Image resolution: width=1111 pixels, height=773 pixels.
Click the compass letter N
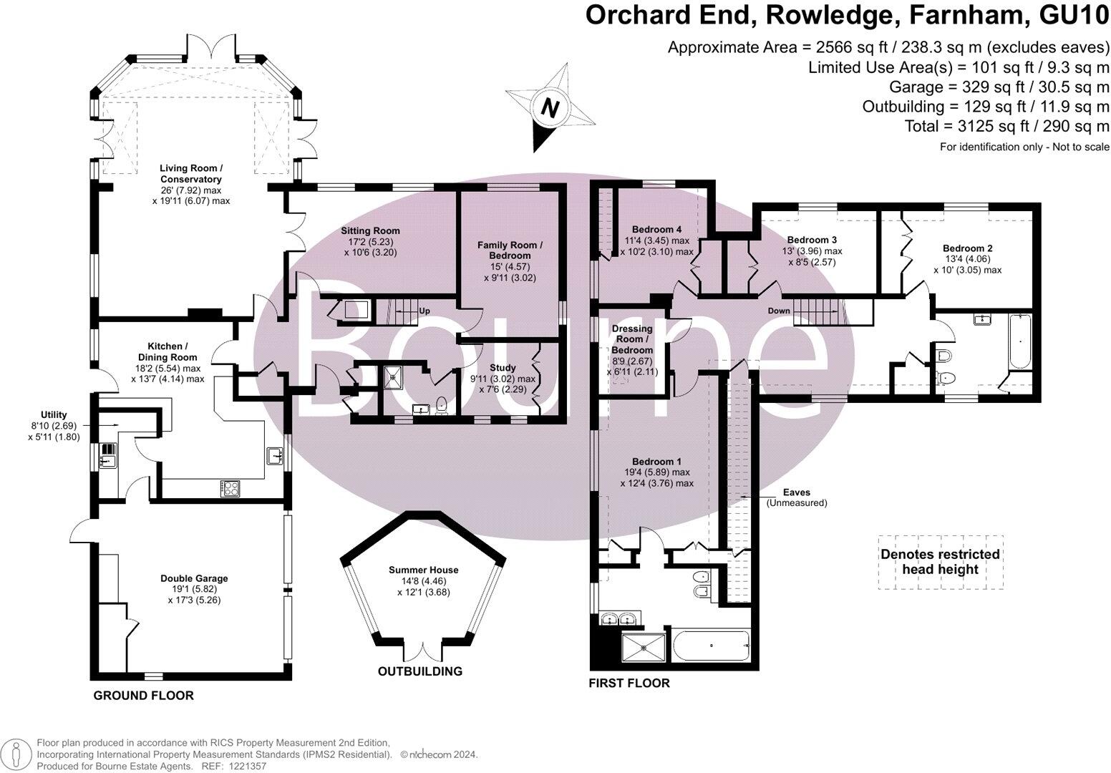click(549, 108)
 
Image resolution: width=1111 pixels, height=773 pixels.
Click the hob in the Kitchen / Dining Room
click(231, 488)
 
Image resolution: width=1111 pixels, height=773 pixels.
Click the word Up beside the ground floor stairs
click(424, 311)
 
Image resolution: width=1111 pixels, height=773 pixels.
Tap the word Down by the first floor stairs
click(779, 311)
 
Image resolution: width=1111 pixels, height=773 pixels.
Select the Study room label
click(503, 368)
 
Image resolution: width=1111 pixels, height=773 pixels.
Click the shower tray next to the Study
click(393, 376)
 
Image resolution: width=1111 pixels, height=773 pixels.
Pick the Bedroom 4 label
click(653, 230)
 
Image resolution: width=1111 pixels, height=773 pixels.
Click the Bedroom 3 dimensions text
click(812, 257)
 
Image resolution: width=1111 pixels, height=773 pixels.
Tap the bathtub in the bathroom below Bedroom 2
click(1019, 341)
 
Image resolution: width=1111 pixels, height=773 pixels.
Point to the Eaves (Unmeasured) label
click(797, 497)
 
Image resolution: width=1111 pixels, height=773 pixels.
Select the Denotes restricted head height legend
click(940, 562)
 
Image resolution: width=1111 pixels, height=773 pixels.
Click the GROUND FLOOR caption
click(144, 695)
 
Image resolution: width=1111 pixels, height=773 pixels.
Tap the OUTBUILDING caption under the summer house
click(420, 671)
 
